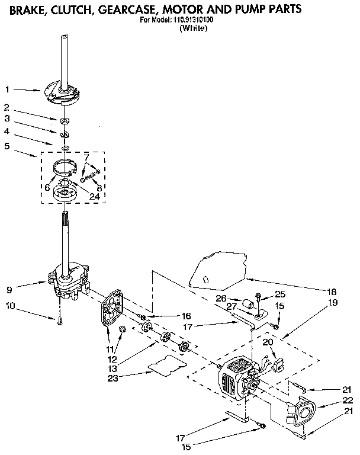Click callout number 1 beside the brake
[7, 89]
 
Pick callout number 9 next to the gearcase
[9, 290]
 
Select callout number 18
[333, 291]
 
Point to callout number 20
[267, 342]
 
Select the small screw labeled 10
[60, 321]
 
